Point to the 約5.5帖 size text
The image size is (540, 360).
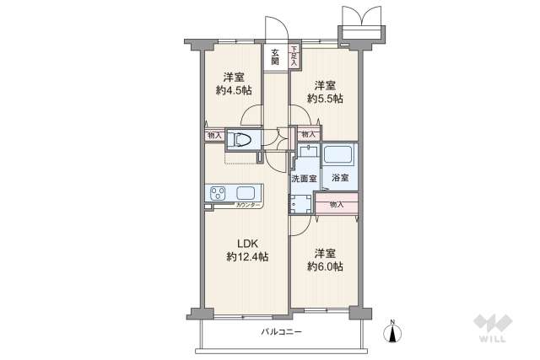tap(325, 98)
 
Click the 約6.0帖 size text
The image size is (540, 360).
tap(325, 266)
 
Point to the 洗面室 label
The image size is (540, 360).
tap(304, 179)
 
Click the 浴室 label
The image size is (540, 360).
tap(340, 179)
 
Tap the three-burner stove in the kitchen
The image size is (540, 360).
tap(217, 194)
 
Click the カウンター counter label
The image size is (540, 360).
tap(247, 206)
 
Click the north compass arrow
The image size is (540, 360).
tap(393, 330)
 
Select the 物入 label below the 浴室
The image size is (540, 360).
tap(337, 205)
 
